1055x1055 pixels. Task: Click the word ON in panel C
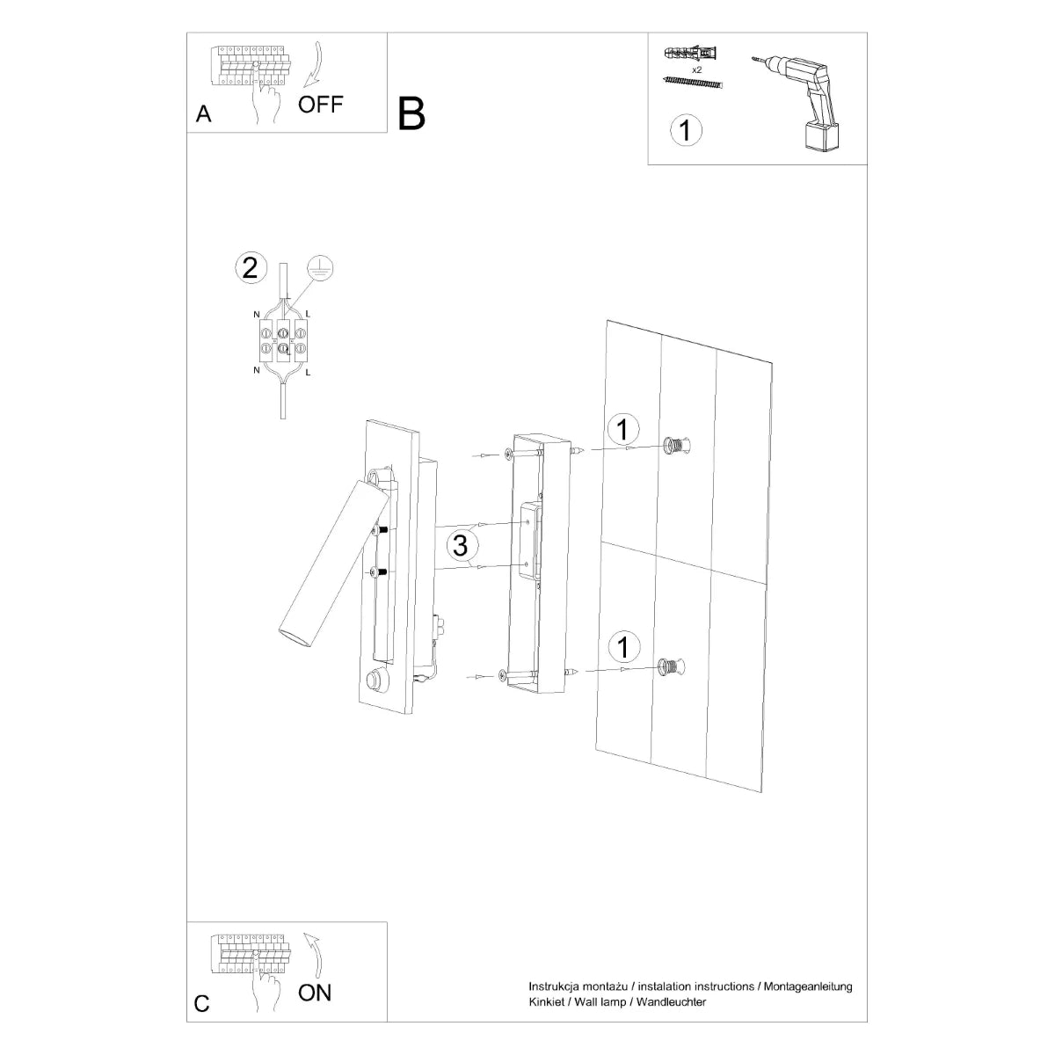point(316,993)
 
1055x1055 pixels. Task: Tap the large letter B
point(411,113)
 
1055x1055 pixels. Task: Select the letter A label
point(204,114)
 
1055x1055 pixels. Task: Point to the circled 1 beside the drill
point(686,130)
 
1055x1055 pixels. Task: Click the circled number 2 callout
point(250,267)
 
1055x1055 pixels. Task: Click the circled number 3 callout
point(459,545)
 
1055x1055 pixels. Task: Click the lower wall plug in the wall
point(671,667)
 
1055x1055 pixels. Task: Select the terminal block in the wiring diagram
point(282,343)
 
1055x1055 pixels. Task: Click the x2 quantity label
point(697,69)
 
